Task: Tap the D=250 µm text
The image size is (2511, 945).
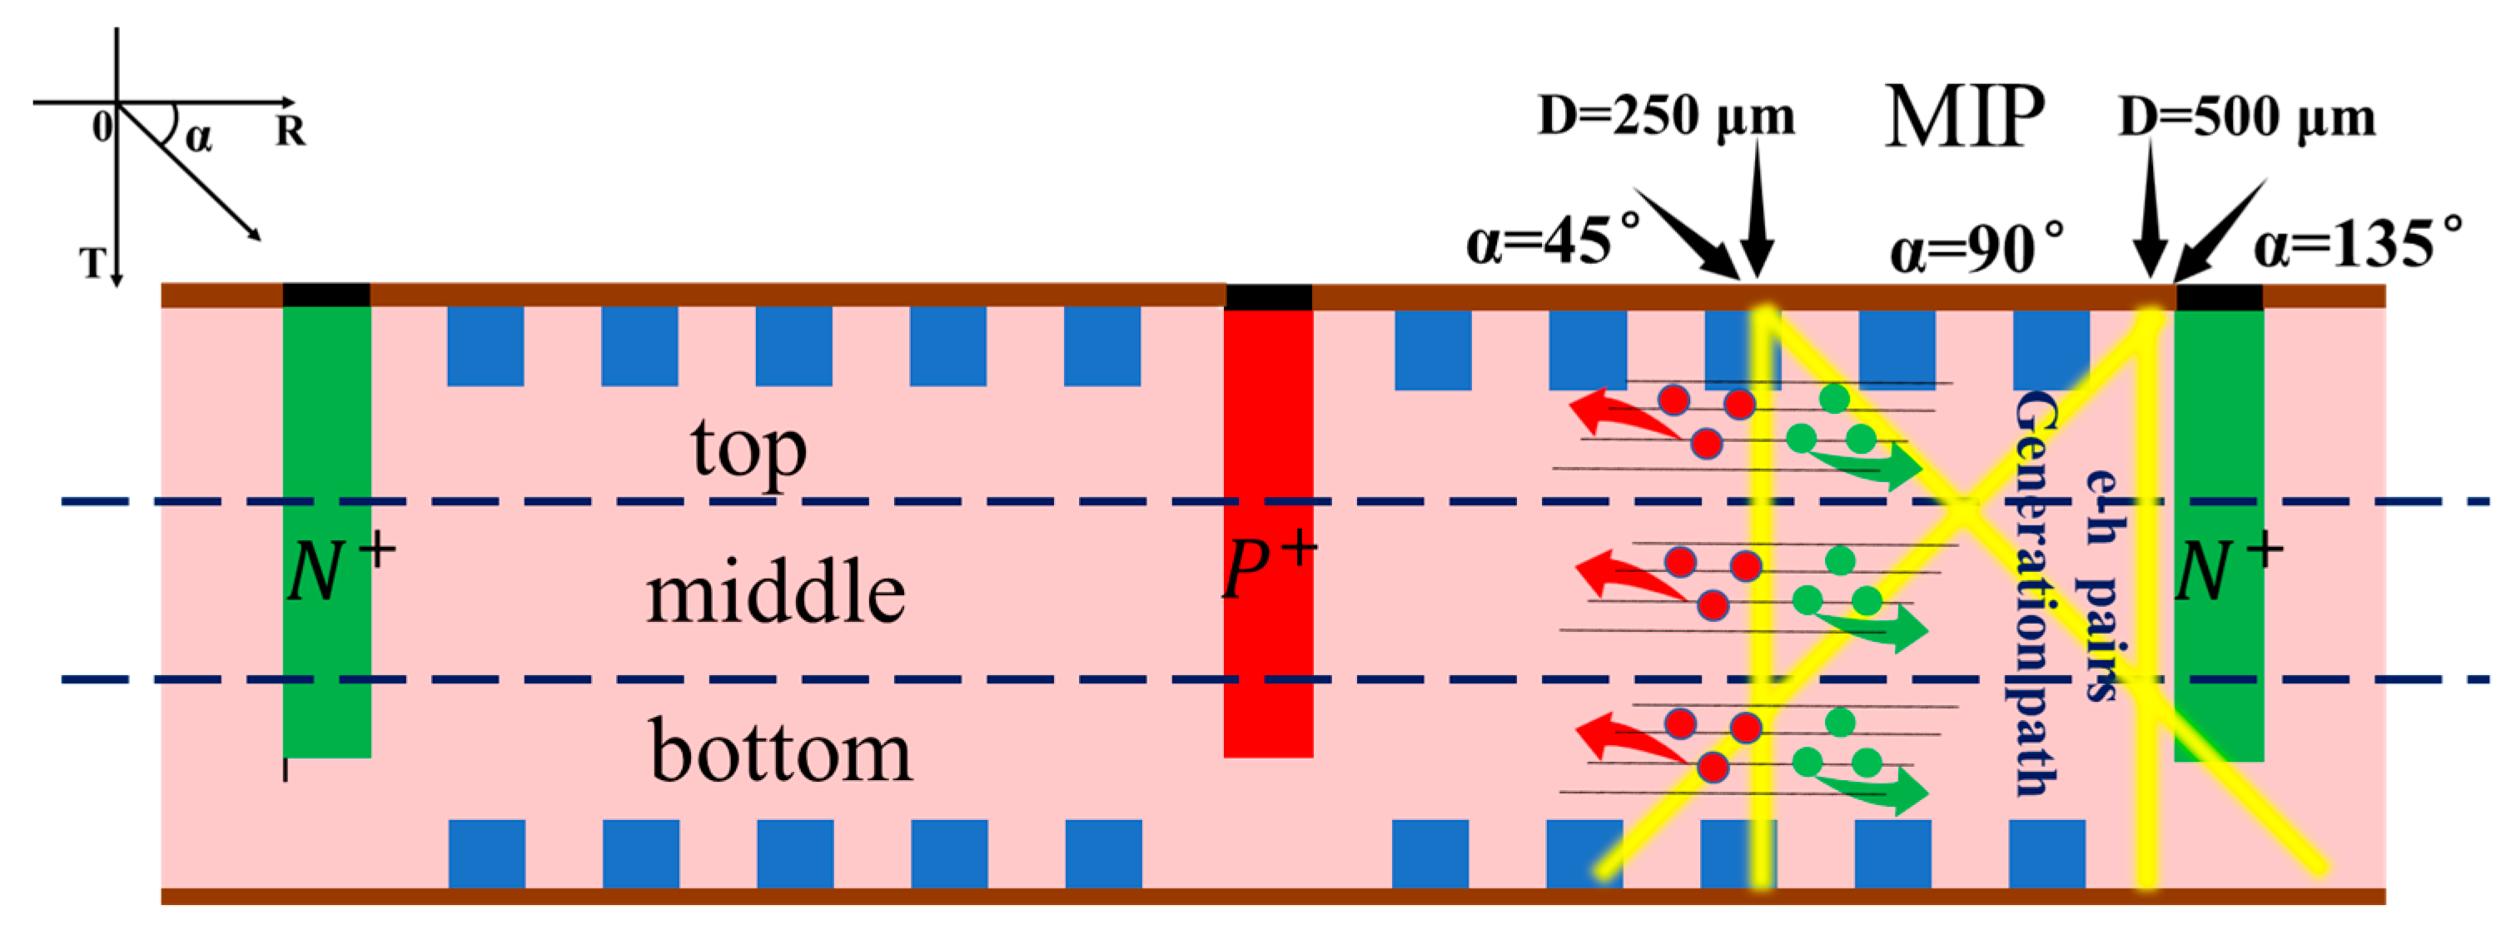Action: [x=1666, y=117]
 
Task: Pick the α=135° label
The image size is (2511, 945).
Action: [x=2358, y=243]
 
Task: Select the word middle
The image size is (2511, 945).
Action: [x=776, y=594]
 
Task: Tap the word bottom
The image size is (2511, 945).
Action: [x=781, y=752]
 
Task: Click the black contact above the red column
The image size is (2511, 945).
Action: [x=1268, y=296]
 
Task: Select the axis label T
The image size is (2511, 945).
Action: [x=92, y=262]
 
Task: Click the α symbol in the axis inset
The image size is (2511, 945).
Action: [x=198, y=137]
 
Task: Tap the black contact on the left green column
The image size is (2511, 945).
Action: [x=326, y=295]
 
